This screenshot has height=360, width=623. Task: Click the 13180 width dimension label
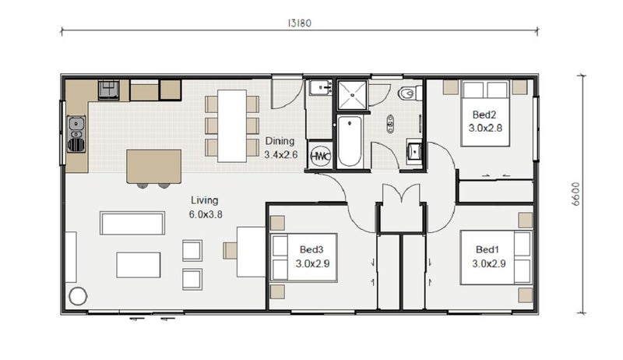pos(299,23)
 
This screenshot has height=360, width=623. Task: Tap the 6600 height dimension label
pos(575,194)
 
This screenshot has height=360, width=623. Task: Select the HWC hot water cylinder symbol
pos(320,156)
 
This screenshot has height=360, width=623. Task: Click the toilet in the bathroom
pos(410,94)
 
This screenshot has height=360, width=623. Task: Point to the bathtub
pos(350,141)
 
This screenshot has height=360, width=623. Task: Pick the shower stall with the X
pos(352,95)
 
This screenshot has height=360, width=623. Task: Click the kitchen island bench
pos(153,167)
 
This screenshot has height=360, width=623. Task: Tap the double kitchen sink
pos(76,134)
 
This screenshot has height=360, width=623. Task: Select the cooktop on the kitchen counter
pos(108,90)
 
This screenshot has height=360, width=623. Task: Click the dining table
pos(232,126)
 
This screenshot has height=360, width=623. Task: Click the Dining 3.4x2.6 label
pos(281,148)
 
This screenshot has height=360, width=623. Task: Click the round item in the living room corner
pos(78,296)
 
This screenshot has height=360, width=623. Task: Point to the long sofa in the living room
pos(132,224)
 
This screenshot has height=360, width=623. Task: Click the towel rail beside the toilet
pos(420,124)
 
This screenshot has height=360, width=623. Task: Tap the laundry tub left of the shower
pos(320,88)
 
